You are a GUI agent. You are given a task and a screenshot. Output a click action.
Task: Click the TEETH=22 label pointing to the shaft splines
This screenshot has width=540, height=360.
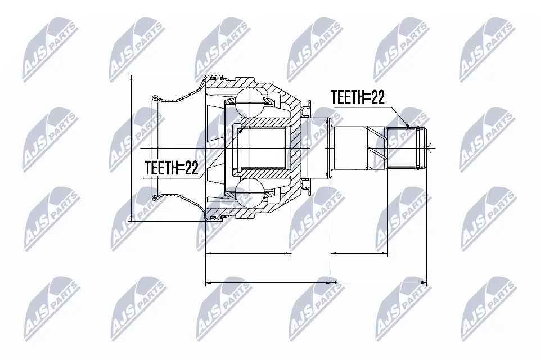tap(357, 97)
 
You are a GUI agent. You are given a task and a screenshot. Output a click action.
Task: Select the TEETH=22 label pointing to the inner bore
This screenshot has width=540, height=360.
tap(172, 168)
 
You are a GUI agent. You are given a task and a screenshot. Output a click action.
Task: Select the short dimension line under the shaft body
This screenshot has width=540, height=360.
tap(359, 254)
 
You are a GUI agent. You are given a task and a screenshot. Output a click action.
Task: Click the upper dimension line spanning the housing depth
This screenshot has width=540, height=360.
tap(249, 254)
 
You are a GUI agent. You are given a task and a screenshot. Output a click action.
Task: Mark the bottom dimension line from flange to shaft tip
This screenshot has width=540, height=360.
tap(380, 281)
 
